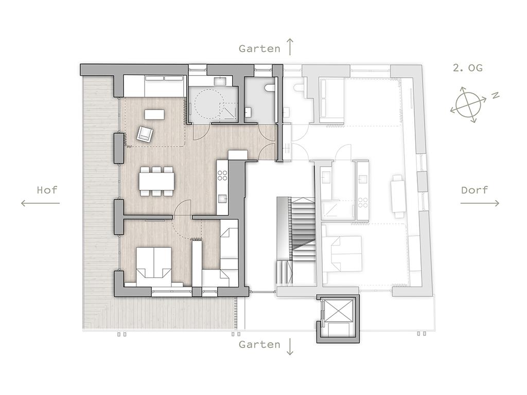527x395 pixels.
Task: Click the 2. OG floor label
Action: [x=467, y=68]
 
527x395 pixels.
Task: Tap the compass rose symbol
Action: [x=468, y=104]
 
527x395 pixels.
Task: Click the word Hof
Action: [x=47, y=190]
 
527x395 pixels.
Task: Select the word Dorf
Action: [x=474, y=190]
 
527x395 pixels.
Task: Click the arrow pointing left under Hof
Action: [x=40, y=203]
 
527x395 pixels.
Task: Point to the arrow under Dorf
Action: [x=480, y=203]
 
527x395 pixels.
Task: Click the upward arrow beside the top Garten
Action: [x=290, y=46]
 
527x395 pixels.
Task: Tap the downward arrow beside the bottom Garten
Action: [x=290, y=347]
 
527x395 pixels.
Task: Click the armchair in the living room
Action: [x=145, y=134]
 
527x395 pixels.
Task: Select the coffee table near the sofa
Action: [x=154, y=114]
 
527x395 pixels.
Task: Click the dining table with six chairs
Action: [x=157, y=182]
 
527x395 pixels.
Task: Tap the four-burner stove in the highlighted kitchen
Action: [x=222, y=175]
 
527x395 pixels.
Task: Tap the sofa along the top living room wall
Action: [x=154, y=86]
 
